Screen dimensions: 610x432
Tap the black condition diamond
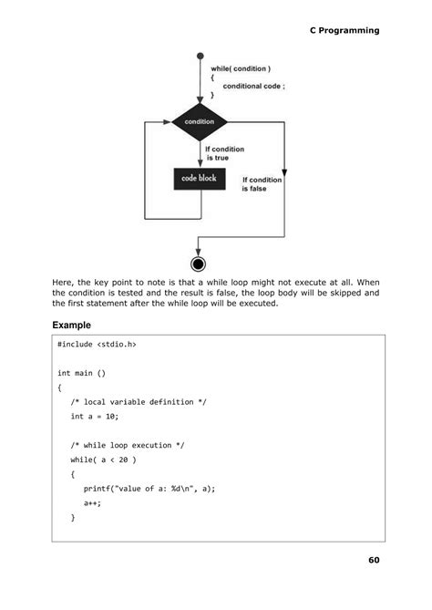[x=199, y=121]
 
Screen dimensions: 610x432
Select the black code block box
[x=199, y=177]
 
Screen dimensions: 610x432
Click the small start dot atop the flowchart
[x=199, y=56]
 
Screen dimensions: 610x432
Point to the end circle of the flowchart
[x=199, y=264]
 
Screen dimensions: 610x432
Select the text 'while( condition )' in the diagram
[x=241, y=69]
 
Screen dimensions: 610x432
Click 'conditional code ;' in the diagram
[x=254, y=86]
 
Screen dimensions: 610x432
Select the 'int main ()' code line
[x=82, y=373]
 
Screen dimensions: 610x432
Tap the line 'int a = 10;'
[x=95, y=416]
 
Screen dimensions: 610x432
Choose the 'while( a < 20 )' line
[x=103, y=459]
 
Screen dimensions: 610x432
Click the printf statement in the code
[x=149, y=488]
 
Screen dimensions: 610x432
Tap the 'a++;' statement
[x=92, y=501]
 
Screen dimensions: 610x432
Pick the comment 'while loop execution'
[x=128, y=444]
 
